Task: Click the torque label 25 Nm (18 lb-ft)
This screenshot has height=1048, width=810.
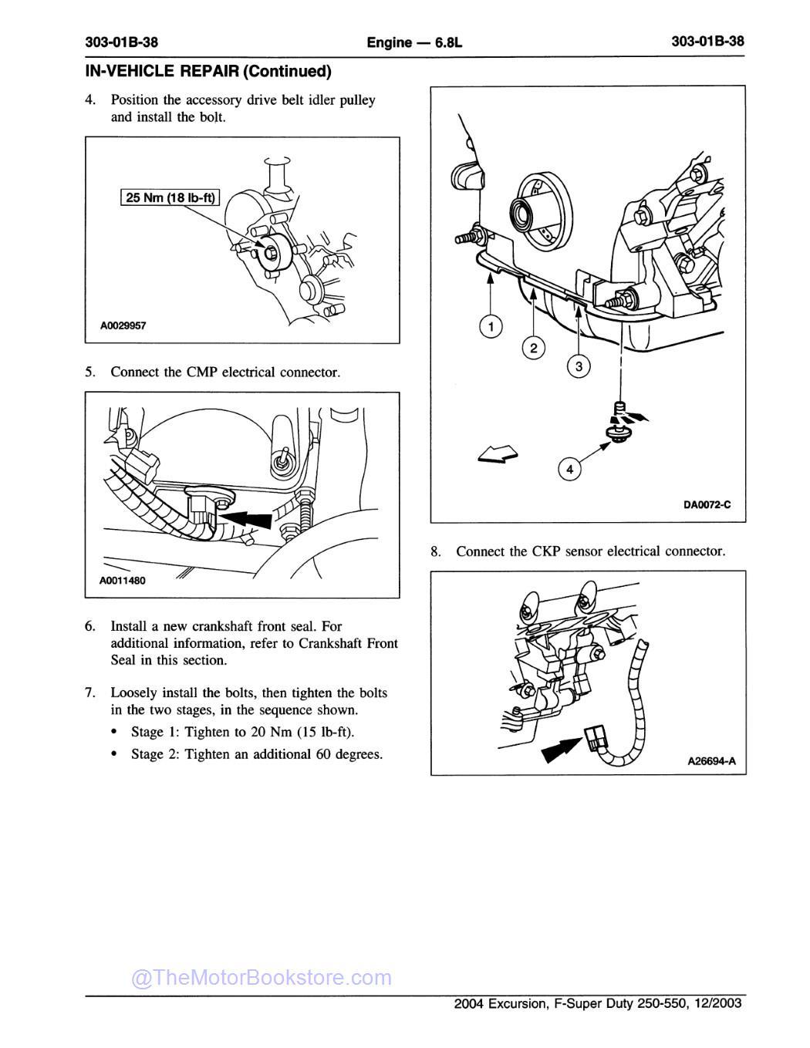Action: point(170,197)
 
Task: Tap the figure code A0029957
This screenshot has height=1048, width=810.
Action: point(123,325)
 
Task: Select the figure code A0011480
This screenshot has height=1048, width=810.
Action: point(122,581)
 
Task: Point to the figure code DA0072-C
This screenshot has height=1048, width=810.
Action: point(707,505)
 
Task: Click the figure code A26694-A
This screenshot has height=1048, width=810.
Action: point(711,761)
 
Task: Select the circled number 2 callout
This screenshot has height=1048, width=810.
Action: point(533,348)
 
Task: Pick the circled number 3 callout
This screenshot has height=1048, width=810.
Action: point(578,366)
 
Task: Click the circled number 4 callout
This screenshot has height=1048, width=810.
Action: point(569,469)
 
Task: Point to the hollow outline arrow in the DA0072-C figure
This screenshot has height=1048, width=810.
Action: point(498,456)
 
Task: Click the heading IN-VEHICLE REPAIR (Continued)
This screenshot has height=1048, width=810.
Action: point(208,72)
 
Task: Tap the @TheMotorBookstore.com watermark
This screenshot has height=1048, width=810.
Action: point(262,978)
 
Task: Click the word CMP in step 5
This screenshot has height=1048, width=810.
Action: point(202,372)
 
